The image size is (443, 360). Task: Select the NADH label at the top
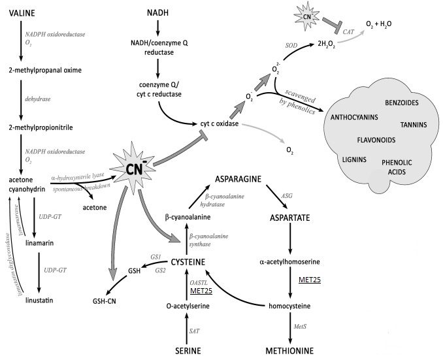[157, 13]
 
